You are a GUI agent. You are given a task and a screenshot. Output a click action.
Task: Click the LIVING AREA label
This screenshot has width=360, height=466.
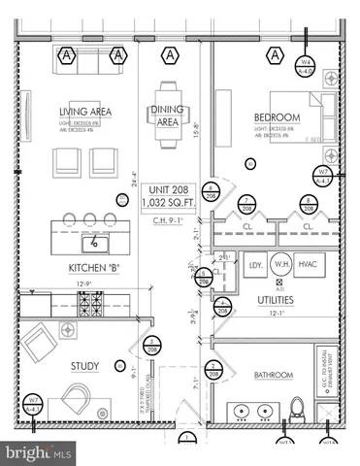[85, 112]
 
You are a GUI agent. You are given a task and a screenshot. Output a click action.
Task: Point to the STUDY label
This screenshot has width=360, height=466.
[84, 366]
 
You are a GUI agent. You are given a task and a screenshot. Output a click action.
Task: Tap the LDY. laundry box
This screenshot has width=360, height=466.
[256, 265]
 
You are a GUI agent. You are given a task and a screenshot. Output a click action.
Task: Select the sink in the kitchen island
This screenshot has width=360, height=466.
[96, 243]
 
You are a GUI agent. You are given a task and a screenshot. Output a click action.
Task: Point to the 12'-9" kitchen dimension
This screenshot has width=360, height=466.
[84, 284]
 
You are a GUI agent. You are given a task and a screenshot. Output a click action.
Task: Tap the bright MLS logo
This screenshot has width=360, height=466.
[39, 452]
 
